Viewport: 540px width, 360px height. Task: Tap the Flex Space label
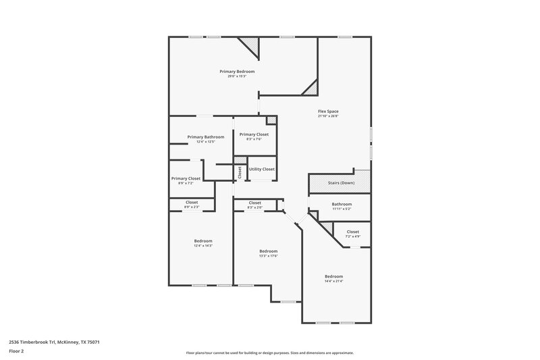point(328,111)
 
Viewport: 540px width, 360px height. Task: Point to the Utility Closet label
point(261,169)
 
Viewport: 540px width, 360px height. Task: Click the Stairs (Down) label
point(341,183)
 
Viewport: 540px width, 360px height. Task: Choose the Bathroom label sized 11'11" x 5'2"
point(342,204)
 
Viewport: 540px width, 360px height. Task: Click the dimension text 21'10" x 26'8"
point(328,116)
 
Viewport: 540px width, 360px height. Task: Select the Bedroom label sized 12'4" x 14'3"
point(203,240)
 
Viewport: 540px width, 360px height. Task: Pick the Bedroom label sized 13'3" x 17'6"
point(269,251)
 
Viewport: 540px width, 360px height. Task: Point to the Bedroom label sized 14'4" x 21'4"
point(333,276)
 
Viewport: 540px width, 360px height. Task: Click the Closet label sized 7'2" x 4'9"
point(352,232)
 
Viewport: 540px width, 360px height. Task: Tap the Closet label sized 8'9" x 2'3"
point(192,202)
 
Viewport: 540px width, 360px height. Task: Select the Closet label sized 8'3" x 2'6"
point(255,203)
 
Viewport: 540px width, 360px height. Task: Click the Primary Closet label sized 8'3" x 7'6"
point(254,134)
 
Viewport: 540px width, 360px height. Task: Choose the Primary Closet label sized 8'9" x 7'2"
point(186,178)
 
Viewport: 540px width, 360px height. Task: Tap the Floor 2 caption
point(16,351)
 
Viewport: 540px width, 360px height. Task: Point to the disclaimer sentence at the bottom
point(269,353)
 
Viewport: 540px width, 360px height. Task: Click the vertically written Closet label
point(240,172)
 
